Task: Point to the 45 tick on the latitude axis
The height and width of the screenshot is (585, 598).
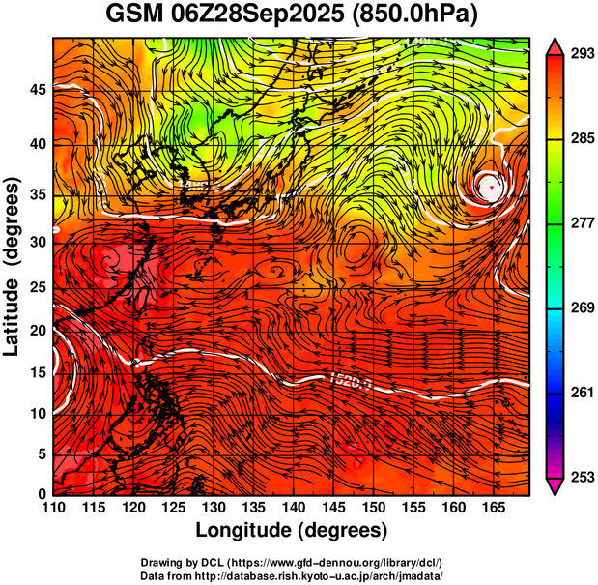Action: [37, 90]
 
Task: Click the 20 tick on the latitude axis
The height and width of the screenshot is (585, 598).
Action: [37, 330]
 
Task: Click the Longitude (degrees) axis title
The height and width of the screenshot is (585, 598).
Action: [291, 531]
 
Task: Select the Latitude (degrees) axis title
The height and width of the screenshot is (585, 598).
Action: [14, 268]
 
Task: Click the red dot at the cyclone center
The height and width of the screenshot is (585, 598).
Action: [492, 184]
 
